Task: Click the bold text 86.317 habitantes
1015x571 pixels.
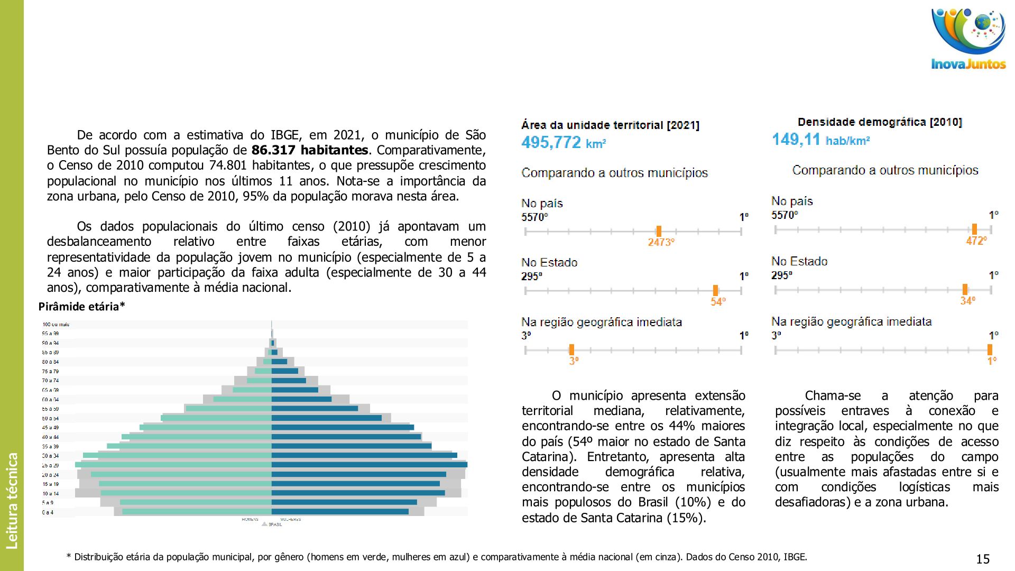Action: [x=309, y=150]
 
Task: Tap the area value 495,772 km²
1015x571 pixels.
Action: [x=563, y=143]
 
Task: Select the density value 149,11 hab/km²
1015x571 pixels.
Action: [x=820, y=140]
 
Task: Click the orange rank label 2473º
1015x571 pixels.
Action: [x=661, y=242]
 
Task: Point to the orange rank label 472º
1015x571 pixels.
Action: [x=976, y=241]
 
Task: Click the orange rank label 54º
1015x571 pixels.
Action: [x=718, y=302]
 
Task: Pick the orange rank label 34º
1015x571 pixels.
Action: [x=967, y=301]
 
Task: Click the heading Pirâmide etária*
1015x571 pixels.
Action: [x=81, y=307]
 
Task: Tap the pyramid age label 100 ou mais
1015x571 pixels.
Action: [x=56, y=325]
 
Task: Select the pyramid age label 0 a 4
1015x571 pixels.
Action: [x=48, y=512]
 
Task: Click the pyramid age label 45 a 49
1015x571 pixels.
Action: [x=50, y=428]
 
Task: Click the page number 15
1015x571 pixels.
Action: [x=982, y=559]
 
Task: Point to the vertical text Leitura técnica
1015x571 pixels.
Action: [x=12, y=500]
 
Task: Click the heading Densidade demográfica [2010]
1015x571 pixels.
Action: [x=880, y=122]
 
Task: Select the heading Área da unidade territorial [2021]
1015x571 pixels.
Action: [x=610, y=125]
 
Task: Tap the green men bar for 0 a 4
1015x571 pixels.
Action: [x=197, y=512]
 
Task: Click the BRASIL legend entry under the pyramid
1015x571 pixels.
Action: [x=274, y=524]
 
